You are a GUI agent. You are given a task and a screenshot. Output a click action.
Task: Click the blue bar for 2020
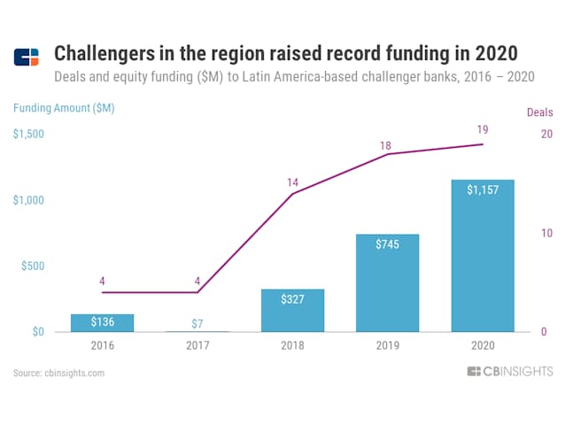tap(482, 256)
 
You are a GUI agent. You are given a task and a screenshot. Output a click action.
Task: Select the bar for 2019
tap(387, 283)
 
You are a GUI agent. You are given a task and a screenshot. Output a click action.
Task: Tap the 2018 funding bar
tap(292, 311)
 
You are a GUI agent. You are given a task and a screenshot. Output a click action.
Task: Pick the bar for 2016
tap(102, 323)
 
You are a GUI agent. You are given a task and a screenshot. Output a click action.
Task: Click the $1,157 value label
tap(482, 189)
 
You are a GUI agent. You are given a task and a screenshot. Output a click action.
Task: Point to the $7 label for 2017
tap(197, 322)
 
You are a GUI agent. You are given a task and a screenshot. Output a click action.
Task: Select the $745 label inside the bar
tap(387, 244)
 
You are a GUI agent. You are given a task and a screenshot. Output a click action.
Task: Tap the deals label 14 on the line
tap(292, 182)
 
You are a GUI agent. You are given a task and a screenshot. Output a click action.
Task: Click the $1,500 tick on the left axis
tap(30, 134)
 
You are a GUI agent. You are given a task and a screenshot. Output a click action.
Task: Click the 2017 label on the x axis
tap(197, 346)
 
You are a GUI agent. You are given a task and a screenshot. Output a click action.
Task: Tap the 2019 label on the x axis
tap(387, 346)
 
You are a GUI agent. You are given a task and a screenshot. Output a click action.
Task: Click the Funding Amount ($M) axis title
tap(63, 108)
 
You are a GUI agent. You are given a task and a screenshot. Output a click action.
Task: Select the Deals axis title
tap(539, 112)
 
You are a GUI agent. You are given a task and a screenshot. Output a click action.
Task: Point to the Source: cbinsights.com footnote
tap(59, 373)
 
